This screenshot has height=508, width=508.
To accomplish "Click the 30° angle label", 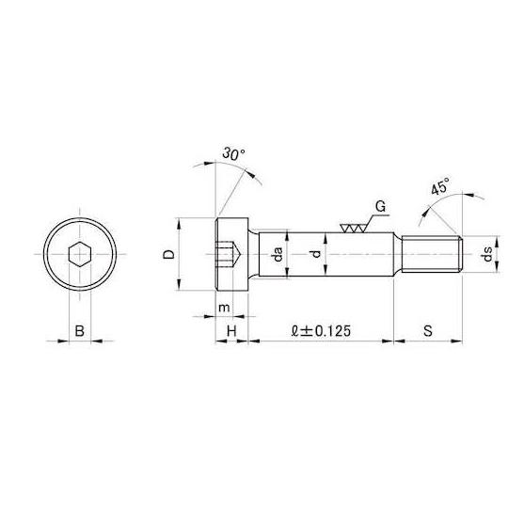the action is [x=234, y=153].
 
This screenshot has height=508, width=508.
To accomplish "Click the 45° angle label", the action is [x=440, y=186].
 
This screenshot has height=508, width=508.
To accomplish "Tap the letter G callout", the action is [x=380, y=206].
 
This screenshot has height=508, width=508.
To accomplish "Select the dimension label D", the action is [x=168, y=254].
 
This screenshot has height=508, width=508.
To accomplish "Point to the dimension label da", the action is [x=278, y=254].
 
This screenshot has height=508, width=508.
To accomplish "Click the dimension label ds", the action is [x=487, y=254].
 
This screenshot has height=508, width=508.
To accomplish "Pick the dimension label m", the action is [x=224, y=308].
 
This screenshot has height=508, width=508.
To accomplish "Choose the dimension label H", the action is [x=231, y=331].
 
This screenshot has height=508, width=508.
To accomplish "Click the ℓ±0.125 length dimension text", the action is [x=321, y=331].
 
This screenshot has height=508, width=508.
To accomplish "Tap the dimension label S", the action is [x=428, y=331].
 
